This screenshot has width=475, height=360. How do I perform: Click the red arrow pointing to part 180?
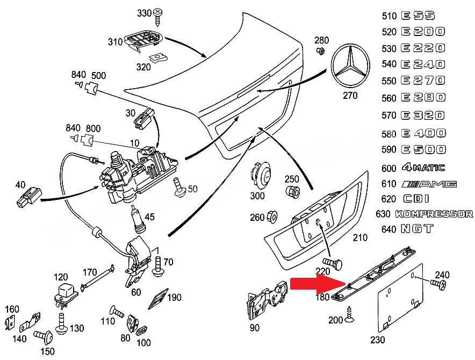point(318,284)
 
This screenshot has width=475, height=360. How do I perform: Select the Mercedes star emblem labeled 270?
point(350,66)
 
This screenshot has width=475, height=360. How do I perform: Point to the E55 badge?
point(419,16)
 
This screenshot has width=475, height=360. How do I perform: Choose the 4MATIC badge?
point(423,168)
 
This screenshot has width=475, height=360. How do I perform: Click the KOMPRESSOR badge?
point(434,214)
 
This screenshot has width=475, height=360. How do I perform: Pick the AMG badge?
point(429,184)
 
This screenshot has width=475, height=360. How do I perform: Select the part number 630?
point(383,214)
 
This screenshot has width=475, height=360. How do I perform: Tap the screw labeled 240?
point(438,284)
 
